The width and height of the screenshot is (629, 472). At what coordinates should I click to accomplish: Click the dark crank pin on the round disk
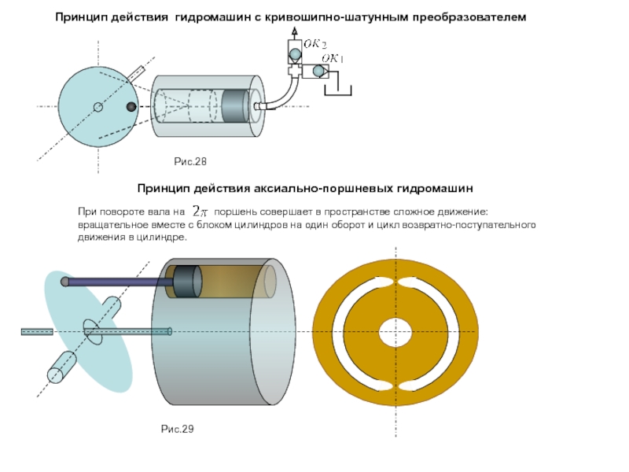click(132, 107)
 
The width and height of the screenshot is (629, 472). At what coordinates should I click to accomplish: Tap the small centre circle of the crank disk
click(97, 107)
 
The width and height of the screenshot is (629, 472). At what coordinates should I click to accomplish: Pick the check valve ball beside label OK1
click(318, 72)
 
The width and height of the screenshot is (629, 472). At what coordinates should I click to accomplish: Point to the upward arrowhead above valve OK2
click(294, 30)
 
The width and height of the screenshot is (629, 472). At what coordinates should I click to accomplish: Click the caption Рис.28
click(189, 162)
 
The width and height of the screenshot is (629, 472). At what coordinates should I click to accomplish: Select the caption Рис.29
click(177, 429)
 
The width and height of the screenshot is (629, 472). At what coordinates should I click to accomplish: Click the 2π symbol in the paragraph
click(201, 212)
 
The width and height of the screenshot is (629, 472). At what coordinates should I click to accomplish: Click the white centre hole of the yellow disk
click(395, 333)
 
